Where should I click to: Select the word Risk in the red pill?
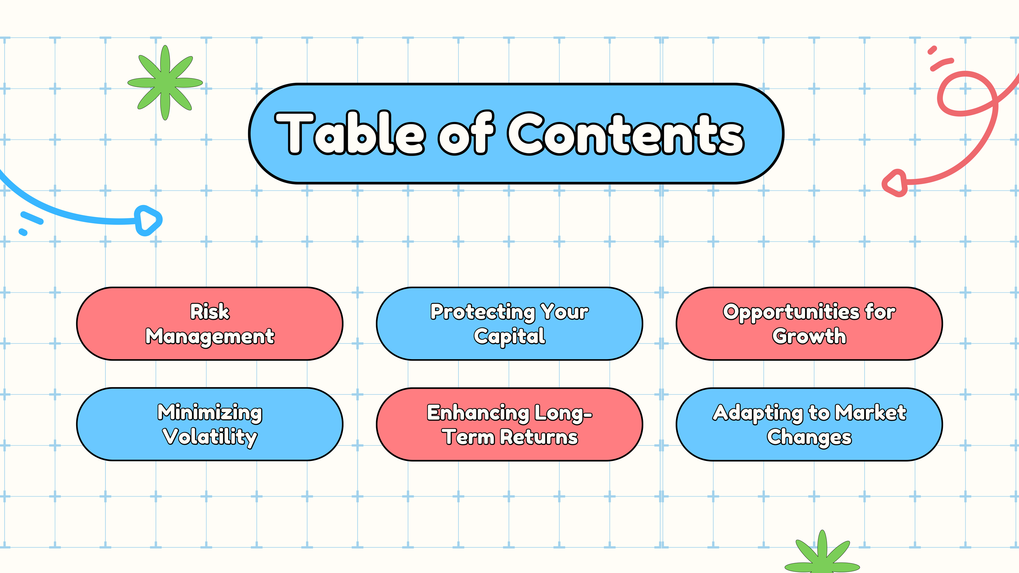(x=210, y=312)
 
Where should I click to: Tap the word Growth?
(x=809, y=336)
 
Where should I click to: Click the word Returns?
(x=539, y=437)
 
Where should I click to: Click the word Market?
(x=870, y=412)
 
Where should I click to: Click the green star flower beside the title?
(x=165, y=82)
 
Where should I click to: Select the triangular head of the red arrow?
(x=895, y=183)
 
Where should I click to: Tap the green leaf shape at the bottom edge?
(x=822, y=554)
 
